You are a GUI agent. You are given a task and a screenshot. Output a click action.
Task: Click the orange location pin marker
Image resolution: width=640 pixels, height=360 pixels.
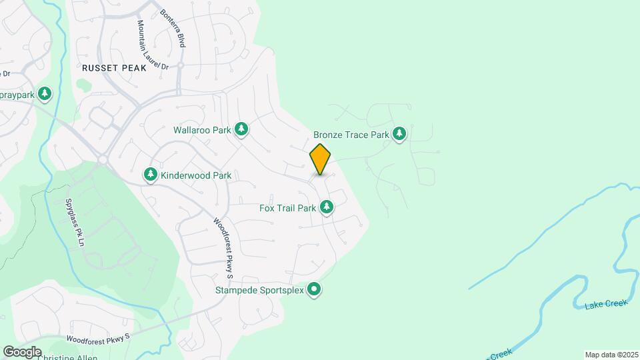(320, 159)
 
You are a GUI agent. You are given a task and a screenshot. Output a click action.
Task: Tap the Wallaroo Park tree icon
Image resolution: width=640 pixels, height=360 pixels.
(242, 129)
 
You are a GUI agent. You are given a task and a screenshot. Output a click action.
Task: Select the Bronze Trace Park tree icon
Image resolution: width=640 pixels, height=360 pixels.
(399, 134)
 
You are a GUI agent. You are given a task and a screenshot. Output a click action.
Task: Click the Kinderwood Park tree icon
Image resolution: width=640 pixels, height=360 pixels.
(151, 175)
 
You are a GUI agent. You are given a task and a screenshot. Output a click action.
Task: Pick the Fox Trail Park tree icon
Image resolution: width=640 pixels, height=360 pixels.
(327, 208)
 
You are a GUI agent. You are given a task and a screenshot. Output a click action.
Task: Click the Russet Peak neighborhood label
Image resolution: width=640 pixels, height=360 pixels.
(110, 68)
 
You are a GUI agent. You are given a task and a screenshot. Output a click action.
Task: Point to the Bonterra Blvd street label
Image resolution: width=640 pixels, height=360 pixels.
(171, 28)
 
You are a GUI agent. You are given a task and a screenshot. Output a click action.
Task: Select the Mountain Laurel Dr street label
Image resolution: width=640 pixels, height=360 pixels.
(152, 45)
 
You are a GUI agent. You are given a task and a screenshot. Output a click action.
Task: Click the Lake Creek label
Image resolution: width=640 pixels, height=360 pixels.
(606, 305)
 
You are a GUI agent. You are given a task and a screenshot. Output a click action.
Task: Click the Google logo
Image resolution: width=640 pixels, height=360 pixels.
(22, 351)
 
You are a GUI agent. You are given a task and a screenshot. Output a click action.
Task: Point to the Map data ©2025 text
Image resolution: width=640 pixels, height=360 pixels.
(611, 354)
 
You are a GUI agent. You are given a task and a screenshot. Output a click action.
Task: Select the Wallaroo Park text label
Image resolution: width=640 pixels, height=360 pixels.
(202, 130)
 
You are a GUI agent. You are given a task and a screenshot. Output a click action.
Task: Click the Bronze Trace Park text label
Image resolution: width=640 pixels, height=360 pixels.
(351, 135)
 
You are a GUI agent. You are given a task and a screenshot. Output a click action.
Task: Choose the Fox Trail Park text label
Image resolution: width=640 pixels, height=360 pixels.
(287, 208)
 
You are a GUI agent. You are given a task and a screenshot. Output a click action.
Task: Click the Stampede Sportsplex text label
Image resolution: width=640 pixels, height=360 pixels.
(259, 290)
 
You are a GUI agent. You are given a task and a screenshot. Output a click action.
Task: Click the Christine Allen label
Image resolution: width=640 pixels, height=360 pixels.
(67, 357)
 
